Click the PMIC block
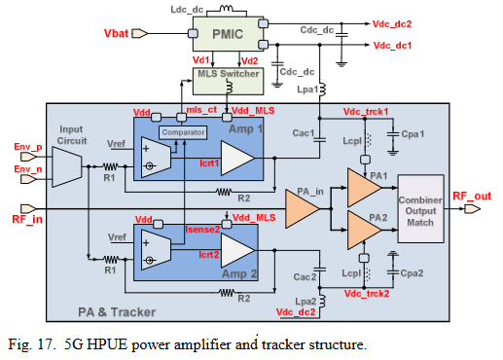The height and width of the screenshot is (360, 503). point(228,34)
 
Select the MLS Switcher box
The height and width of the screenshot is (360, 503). point(228,81)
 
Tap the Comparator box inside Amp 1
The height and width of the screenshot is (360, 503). point(183,132)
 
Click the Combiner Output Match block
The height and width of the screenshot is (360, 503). point(420,209)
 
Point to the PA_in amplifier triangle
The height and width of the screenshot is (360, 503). point(302,208)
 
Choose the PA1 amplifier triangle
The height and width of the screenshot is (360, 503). point(364,188)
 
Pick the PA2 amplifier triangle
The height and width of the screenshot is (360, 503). point(364,230)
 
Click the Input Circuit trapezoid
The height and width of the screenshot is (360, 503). point(67,166)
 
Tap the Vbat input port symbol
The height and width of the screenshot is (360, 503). point(140,33)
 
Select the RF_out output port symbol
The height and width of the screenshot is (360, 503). point(472,209)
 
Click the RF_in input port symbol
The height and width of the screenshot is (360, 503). point(29,208)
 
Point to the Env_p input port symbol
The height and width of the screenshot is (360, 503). point(29,157)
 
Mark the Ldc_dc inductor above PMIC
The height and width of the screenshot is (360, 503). point(227,9)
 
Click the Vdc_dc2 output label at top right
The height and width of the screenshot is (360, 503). point(392,24)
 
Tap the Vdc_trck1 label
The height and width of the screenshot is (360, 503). point(366,112)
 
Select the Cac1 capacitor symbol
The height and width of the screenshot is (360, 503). point(319,140)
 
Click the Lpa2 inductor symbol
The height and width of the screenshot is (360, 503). point(322,301)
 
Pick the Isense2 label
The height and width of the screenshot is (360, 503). point(202,230)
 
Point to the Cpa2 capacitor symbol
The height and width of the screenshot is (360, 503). point(393,272)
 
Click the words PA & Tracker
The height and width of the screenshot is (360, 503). point(117,312)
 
